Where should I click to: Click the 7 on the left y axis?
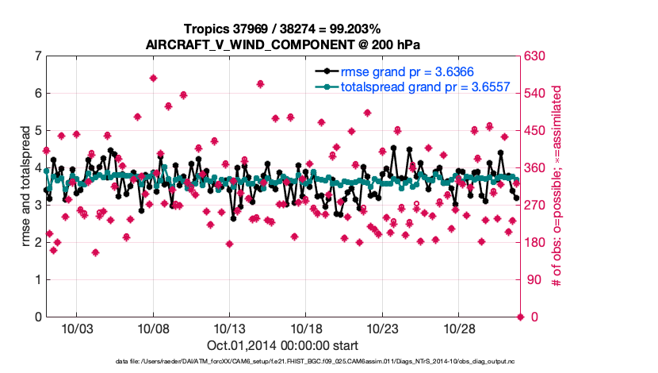pos(38,56)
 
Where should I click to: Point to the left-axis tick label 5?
pos(38,131)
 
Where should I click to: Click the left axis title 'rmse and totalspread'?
pos(25,186)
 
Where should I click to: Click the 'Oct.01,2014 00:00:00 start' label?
pos(282,345)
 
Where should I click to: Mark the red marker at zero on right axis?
pos(520,317)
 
